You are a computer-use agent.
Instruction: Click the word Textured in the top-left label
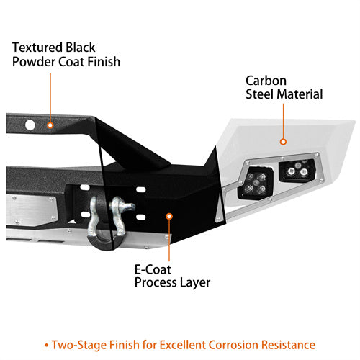pyautogui.click(x=37, y=48)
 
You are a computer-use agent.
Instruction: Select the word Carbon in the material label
pyautogui.click(x=266, y=81)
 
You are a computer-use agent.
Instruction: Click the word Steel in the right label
pyautogui.click(x=260, y=94)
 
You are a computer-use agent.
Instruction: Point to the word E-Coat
pyautogui.click(x=153, y=269)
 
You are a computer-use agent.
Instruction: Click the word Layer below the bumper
pyautogui.click(x=195, y=283)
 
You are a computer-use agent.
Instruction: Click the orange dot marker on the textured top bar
pyautogui.click(x=50, y=125)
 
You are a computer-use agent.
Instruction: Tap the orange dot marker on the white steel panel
pyautogui.click(x=283, y=142)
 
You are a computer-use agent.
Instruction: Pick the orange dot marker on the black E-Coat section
pyautogui.click(x=169, y=217)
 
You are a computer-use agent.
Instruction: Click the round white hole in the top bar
pyautogui.click(x=30, y=125)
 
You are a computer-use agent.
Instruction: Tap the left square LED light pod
pyautogui.click(x=256, y=183)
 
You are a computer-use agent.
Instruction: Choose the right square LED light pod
pyautogui.click(x=297, y=170)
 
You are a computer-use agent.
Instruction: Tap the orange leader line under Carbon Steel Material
pyautogui.click(x=283, y=121)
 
